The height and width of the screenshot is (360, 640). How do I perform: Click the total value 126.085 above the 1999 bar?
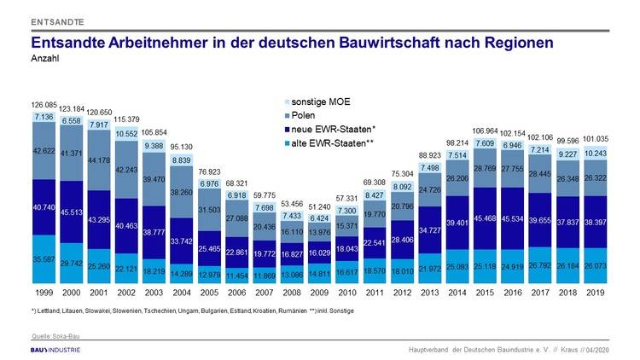pos(44,105)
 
